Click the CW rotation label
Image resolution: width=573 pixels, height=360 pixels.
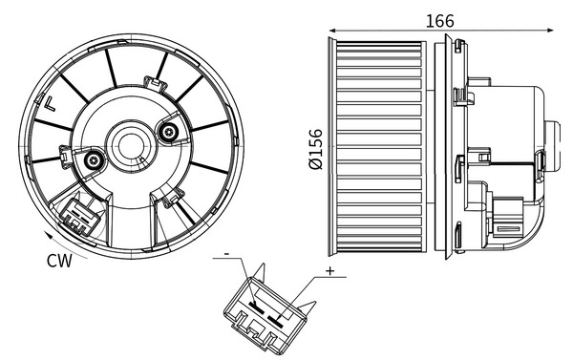(x=57, y=259)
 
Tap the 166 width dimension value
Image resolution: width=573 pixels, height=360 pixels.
(x=440, y=20)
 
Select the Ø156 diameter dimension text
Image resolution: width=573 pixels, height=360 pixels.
(x=315, y=149)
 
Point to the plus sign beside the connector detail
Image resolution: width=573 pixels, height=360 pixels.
(x=329, y=272)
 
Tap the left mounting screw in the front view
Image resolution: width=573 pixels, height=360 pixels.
(x=94, y=161)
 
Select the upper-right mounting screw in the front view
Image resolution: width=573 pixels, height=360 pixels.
(x=169, y=132)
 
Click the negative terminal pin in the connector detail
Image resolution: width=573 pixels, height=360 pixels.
(x=255, y=307)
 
